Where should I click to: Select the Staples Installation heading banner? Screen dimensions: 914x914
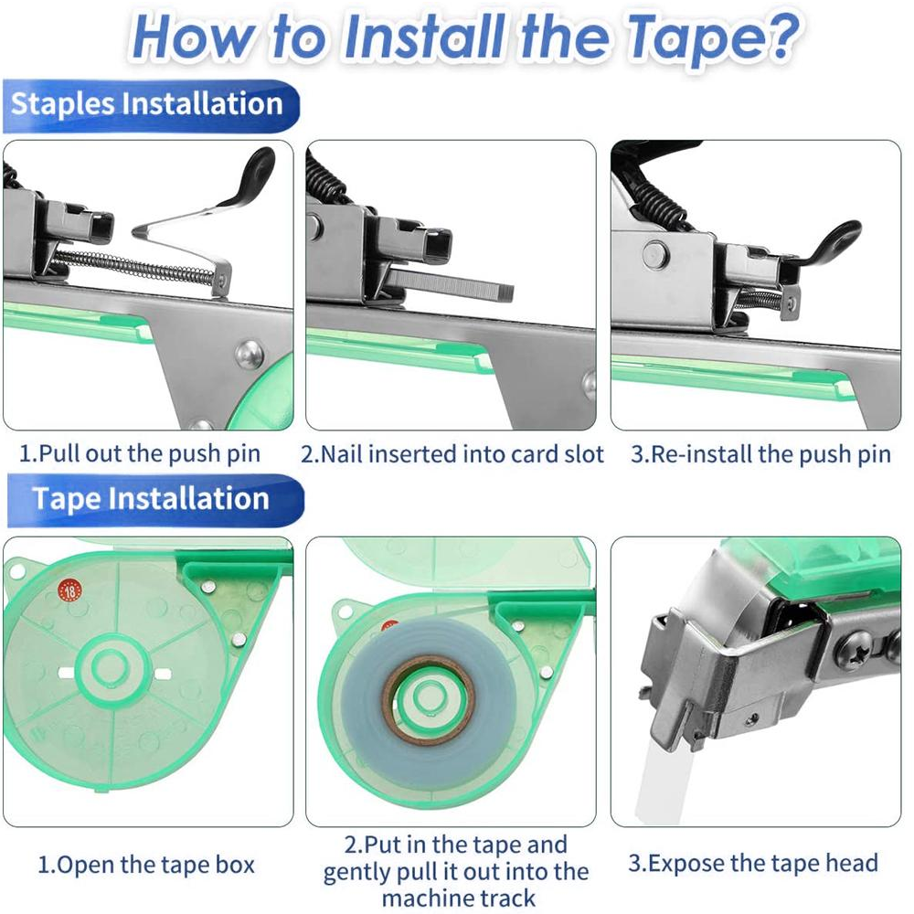[x=146, y=104]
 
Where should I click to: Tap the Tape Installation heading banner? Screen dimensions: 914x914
[x=151, y=499]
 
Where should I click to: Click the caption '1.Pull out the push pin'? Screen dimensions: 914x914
[x=140, y=453]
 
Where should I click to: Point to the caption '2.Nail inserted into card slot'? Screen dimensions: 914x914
[x=452, y=453]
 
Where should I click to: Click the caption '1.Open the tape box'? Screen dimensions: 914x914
[x=146, y=864]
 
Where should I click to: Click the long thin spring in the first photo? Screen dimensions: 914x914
[x=137, y=265]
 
